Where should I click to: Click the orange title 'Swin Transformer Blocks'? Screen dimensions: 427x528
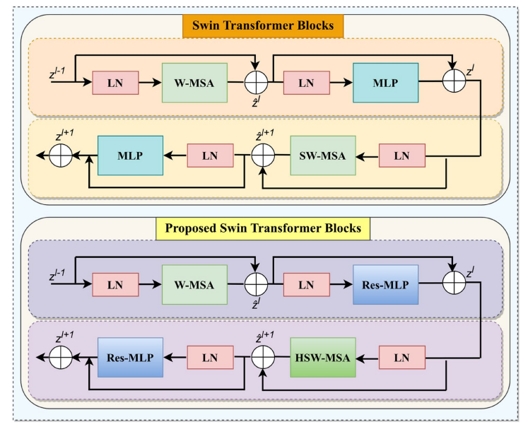(264, 25)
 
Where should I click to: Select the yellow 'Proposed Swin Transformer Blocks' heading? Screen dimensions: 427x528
(264, 228)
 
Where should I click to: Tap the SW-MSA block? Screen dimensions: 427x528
(322, 156)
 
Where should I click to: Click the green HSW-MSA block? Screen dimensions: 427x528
(322, 357)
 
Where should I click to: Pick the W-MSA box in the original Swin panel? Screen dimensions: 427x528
(194, 83)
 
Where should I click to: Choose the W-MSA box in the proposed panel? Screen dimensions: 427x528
(194, 284)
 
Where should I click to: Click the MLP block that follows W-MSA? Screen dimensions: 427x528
(386, 83)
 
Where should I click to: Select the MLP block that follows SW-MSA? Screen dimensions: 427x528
(130, 156)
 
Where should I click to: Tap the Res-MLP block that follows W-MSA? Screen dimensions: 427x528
(386, 284)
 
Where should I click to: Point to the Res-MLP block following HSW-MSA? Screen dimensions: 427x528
(130, 357)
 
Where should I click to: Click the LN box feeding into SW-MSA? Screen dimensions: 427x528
(402, 156)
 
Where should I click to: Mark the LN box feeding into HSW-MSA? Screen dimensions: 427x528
(402, 357)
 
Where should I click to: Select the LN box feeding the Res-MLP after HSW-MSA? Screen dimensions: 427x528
(210, 357)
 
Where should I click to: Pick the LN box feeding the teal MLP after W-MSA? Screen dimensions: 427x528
(306, 83)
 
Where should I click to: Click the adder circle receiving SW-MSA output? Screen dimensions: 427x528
(262, 156)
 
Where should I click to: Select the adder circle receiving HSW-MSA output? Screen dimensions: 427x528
(262, 357)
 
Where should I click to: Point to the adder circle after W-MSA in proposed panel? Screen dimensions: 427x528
(255, 284)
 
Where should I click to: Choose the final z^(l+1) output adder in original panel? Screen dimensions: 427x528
(61, 156)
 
